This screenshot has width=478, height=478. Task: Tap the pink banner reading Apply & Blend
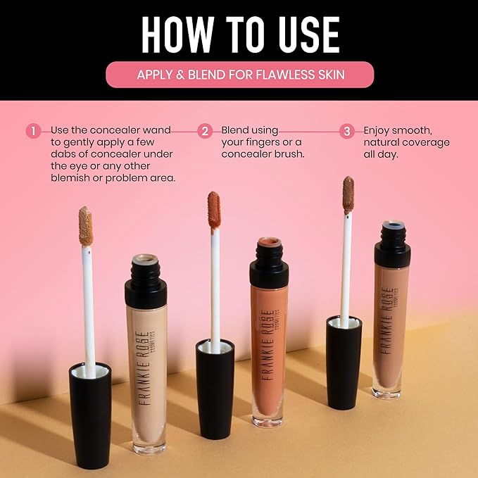click(x=239, y=75)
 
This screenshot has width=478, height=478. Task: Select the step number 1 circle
click(x=33, y=131)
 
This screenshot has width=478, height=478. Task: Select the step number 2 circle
click(x=205, y=131)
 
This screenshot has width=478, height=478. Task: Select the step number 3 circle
click(x=346, y=131)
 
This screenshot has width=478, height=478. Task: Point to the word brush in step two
click(x=288, y=154)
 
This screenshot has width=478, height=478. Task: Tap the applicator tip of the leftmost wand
click(x=85, y=226)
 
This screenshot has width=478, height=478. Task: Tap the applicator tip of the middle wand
click(x=214, y=210)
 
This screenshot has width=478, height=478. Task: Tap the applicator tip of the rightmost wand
click(x=348, y=194)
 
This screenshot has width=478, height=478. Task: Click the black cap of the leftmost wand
click(x=90, y=412)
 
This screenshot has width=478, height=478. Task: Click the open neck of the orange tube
click(x=269, y=244)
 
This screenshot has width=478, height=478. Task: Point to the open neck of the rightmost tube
click(x=392, y=229)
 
